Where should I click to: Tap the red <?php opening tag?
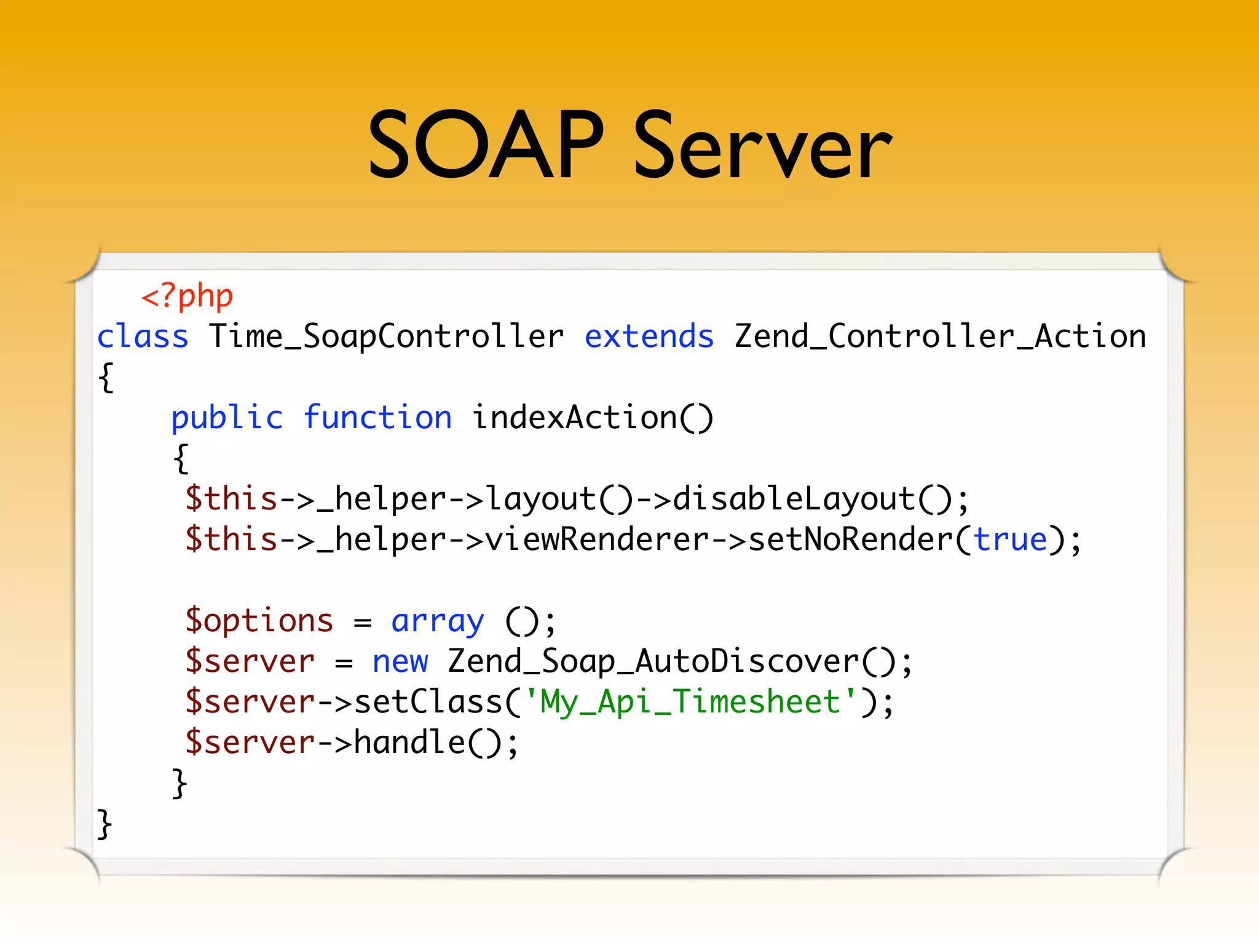(187, 297)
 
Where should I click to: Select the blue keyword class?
(143, 337)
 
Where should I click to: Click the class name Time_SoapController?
(386, 337)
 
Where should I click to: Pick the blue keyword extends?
(649, 337)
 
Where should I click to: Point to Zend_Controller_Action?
(941, 337)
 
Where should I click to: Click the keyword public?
(227, 418)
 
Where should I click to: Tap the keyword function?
(377, 418)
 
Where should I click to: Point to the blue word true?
(1010, 540)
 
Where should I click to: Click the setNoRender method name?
(851, 540)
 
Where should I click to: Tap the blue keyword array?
(438, 621)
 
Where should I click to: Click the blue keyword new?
(400, 661)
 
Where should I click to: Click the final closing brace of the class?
(105, 824)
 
